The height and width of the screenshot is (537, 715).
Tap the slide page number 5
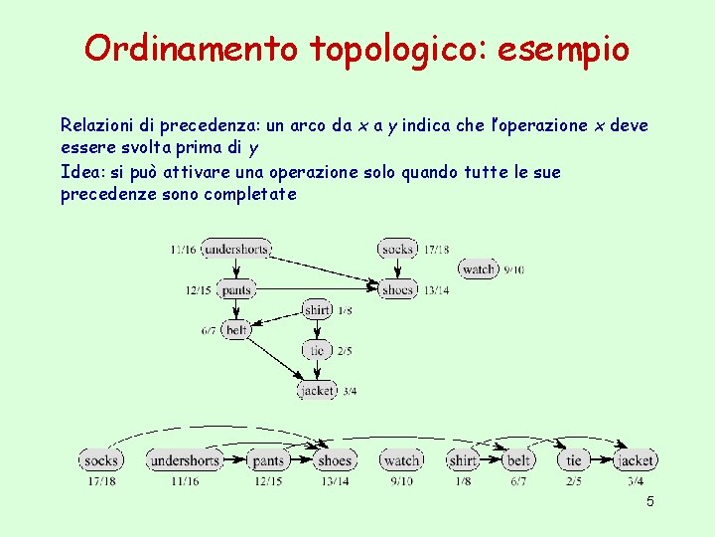click(650, 502)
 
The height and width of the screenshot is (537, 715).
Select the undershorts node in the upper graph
click(236, 249)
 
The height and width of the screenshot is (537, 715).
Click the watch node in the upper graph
click(479, 268)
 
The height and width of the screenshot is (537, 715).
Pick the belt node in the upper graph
click(236, 329)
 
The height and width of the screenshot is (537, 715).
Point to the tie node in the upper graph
click(317, 350)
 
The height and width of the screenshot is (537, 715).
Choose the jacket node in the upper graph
click(317, 391)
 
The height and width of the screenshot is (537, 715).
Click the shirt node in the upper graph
click(317, 310)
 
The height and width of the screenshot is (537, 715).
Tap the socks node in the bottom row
click(100, 460)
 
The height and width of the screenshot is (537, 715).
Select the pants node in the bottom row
click(268, 460)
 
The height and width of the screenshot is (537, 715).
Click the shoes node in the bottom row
click(336, 460)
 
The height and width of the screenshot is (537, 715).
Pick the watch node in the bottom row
click(401, 460)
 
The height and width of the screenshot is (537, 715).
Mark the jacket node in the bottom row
click(636, 460)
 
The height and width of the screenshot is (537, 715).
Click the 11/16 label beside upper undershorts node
click(184, 250)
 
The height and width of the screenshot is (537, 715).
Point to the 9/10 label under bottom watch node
click(401, 481)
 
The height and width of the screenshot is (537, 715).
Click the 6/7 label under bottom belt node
click(518, 481)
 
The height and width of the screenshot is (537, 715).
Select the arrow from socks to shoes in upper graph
click(397, 268)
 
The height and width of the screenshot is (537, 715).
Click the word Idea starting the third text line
click(79, 172)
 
